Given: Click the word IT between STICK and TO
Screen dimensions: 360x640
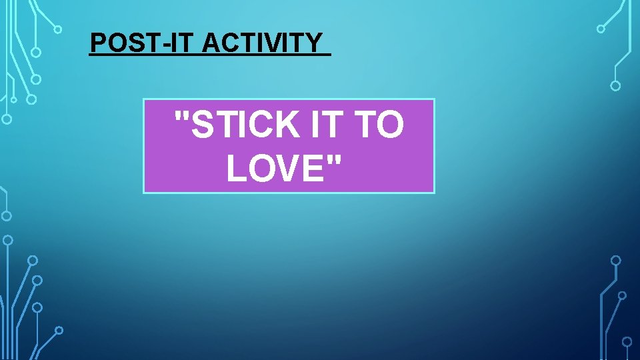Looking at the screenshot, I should click(327, 125).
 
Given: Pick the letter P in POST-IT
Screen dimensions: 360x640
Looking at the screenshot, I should click(97, 43).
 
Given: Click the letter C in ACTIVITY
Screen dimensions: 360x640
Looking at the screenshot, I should click(229, 43).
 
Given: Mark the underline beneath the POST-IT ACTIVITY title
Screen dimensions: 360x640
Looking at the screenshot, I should click(210, 55).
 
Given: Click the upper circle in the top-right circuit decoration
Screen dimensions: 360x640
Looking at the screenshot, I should click(601, 29).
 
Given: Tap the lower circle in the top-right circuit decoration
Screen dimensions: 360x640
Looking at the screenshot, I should click(615, 85).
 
